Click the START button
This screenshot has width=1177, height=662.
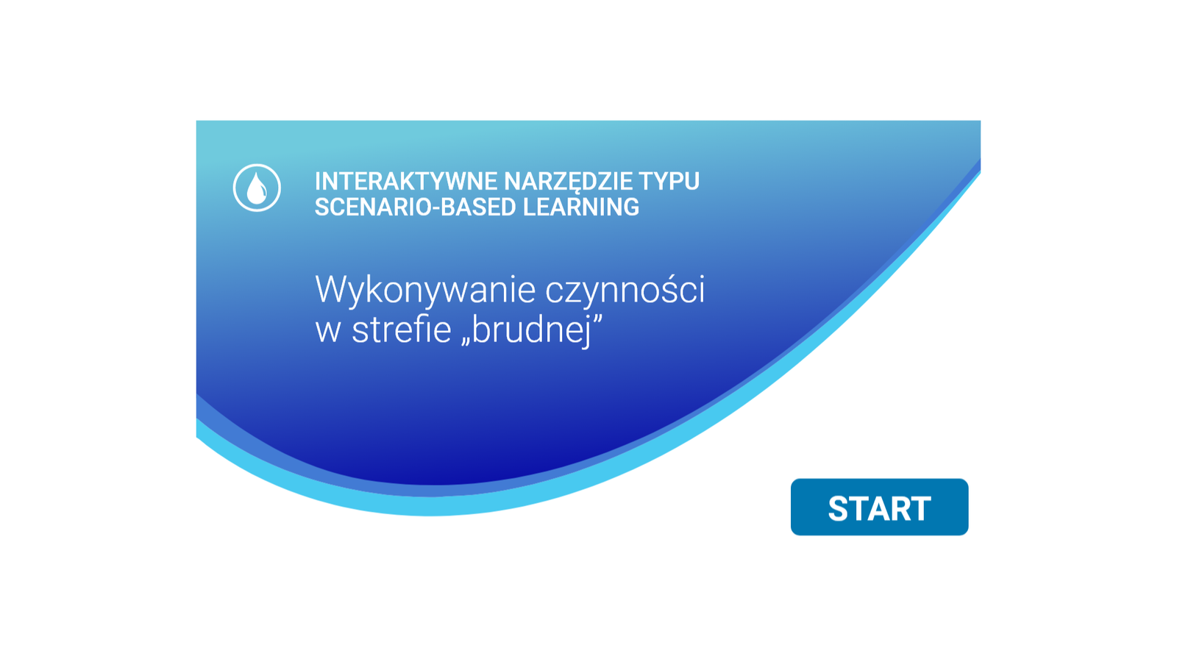(879, 507)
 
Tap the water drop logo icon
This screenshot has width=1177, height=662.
(257, 188)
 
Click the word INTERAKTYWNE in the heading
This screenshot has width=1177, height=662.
(406, 181)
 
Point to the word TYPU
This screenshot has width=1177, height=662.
(669, 181)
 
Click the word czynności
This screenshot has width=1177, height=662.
(625, 291)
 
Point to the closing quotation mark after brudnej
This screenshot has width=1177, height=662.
(597, 318)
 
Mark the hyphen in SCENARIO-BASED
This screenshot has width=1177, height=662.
(435, 209)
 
